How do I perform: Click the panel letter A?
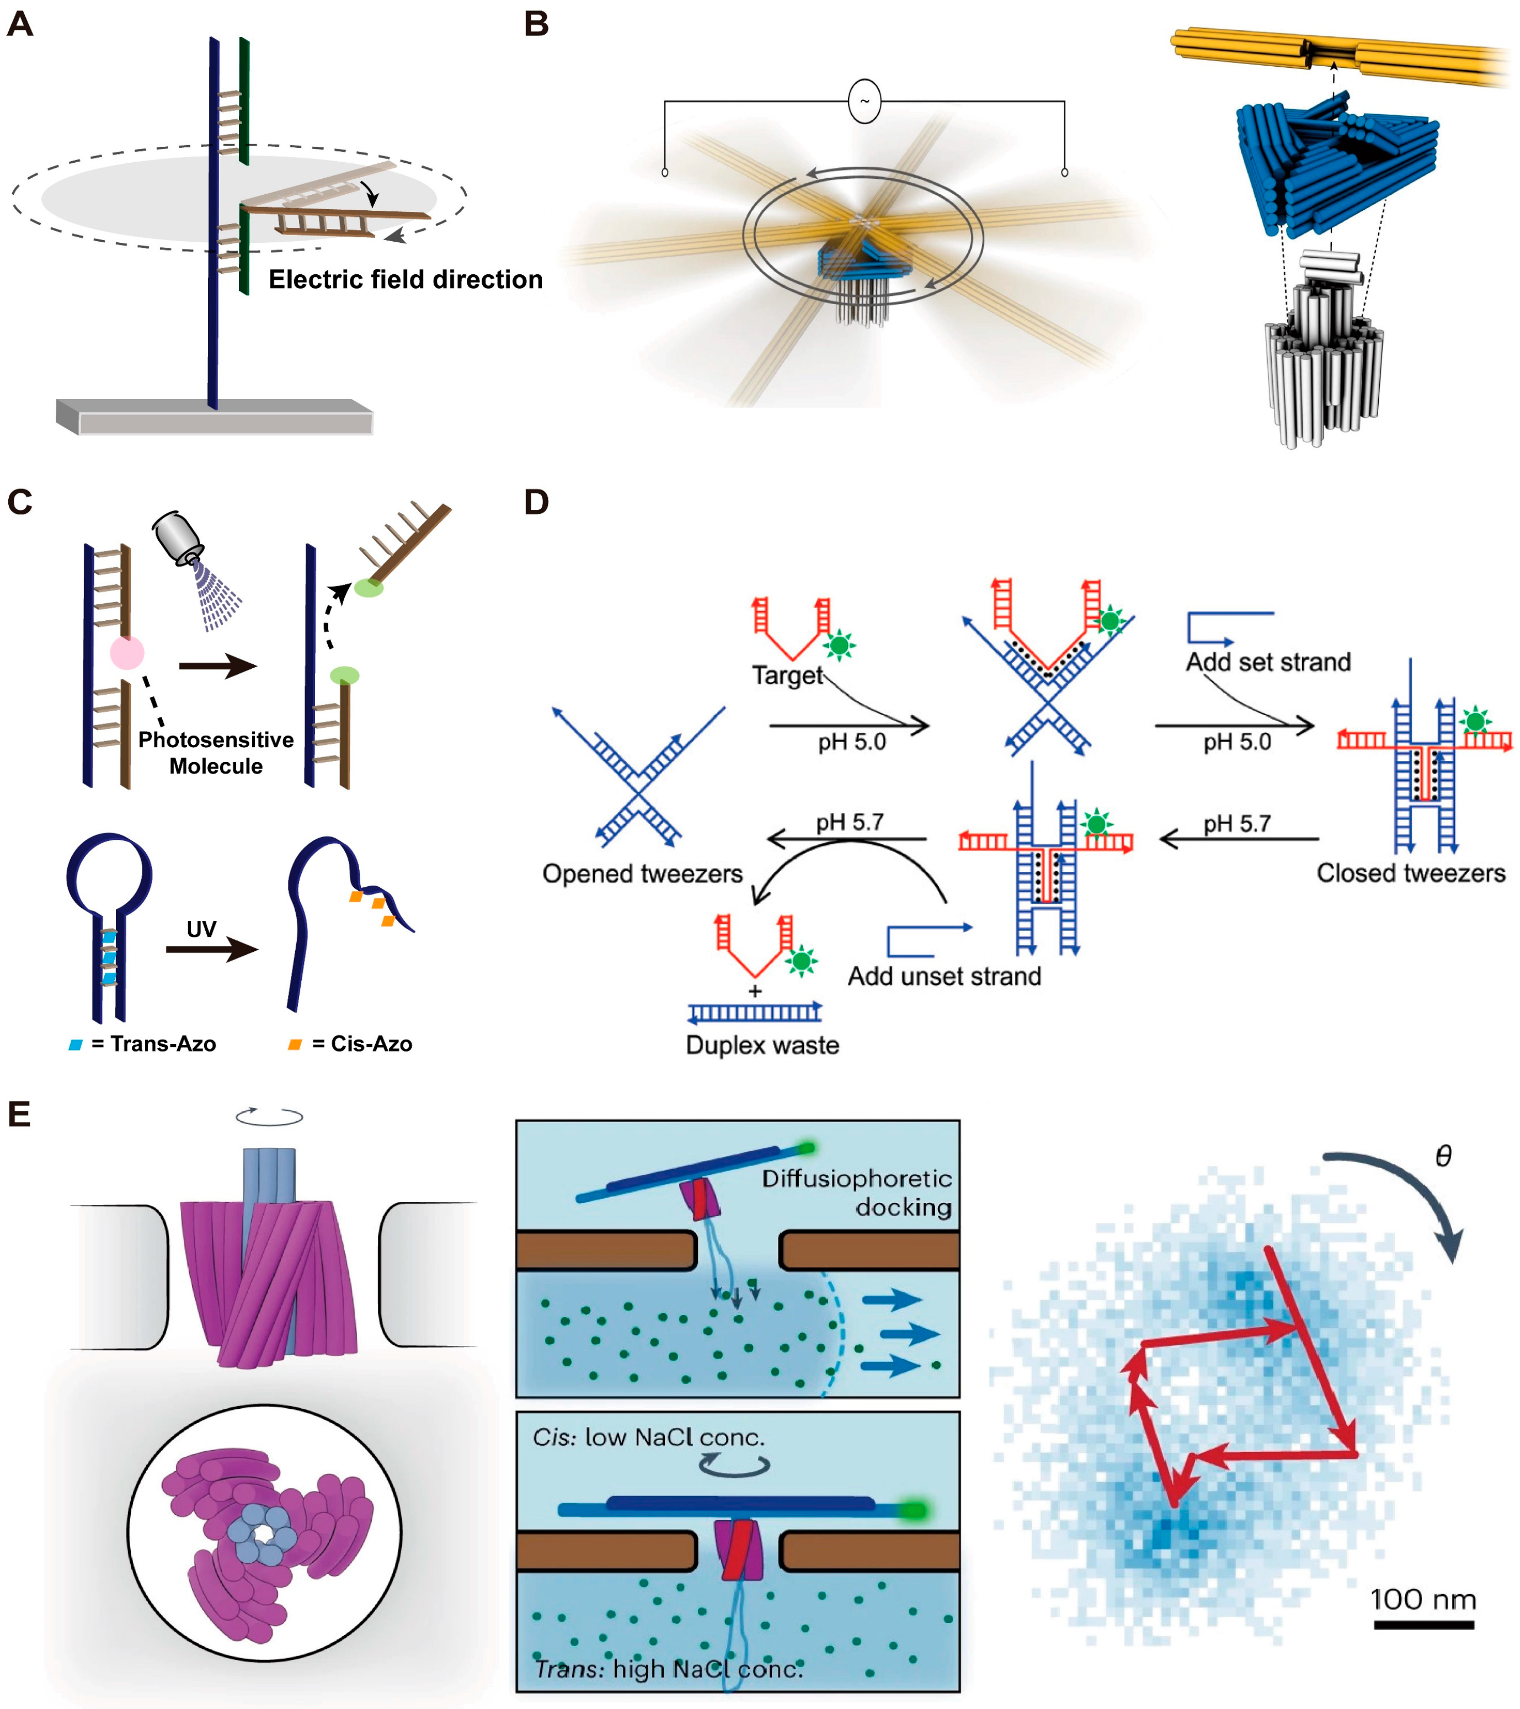20,24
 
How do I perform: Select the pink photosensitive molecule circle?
127,653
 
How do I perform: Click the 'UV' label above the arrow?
201,929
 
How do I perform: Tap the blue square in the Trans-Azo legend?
75,1044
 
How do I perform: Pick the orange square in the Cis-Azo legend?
294,1044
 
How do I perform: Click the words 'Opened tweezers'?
642,874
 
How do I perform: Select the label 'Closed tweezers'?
1410,873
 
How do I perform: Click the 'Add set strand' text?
1267,662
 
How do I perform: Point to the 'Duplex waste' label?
762,1045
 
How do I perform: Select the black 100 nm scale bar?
1423,1625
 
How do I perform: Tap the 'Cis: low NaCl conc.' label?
648,1438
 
